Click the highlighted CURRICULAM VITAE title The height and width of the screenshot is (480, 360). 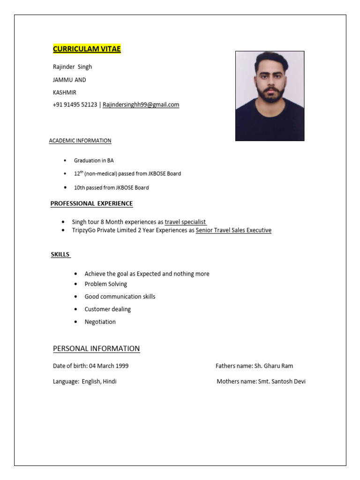(87, 49)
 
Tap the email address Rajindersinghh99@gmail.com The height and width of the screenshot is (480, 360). (141, 105)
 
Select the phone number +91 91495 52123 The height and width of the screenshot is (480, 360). (75, 105)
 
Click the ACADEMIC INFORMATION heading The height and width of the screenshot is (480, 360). (80, 141)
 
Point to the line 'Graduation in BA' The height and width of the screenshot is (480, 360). (94, 161)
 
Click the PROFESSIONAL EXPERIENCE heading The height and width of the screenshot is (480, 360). (92, 204)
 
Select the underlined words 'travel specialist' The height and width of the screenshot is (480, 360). (185, 222)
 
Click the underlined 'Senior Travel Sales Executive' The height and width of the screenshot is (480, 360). (233, 231)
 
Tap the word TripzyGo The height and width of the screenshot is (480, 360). (84, 231)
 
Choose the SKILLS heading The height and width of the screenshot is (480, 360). (60, 255)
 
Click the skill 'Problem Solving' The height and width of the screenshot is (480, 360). (105, 284)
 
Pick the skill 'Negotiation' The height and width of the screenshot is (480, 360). (100, 322)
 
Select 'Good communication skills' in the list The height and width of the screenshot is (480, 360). (120, 297)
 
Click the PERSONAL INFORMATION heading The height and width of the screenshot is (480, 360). (96, 349)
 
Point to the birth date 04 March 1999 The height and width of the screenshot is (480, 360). (108, 366)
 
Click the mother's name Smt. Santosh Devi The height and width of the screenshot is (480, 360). (282, 382)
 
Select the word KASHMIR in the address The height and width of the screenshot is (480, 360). (65, 92)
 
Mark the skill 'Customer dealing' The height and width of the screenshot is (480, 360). (107, 309)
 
